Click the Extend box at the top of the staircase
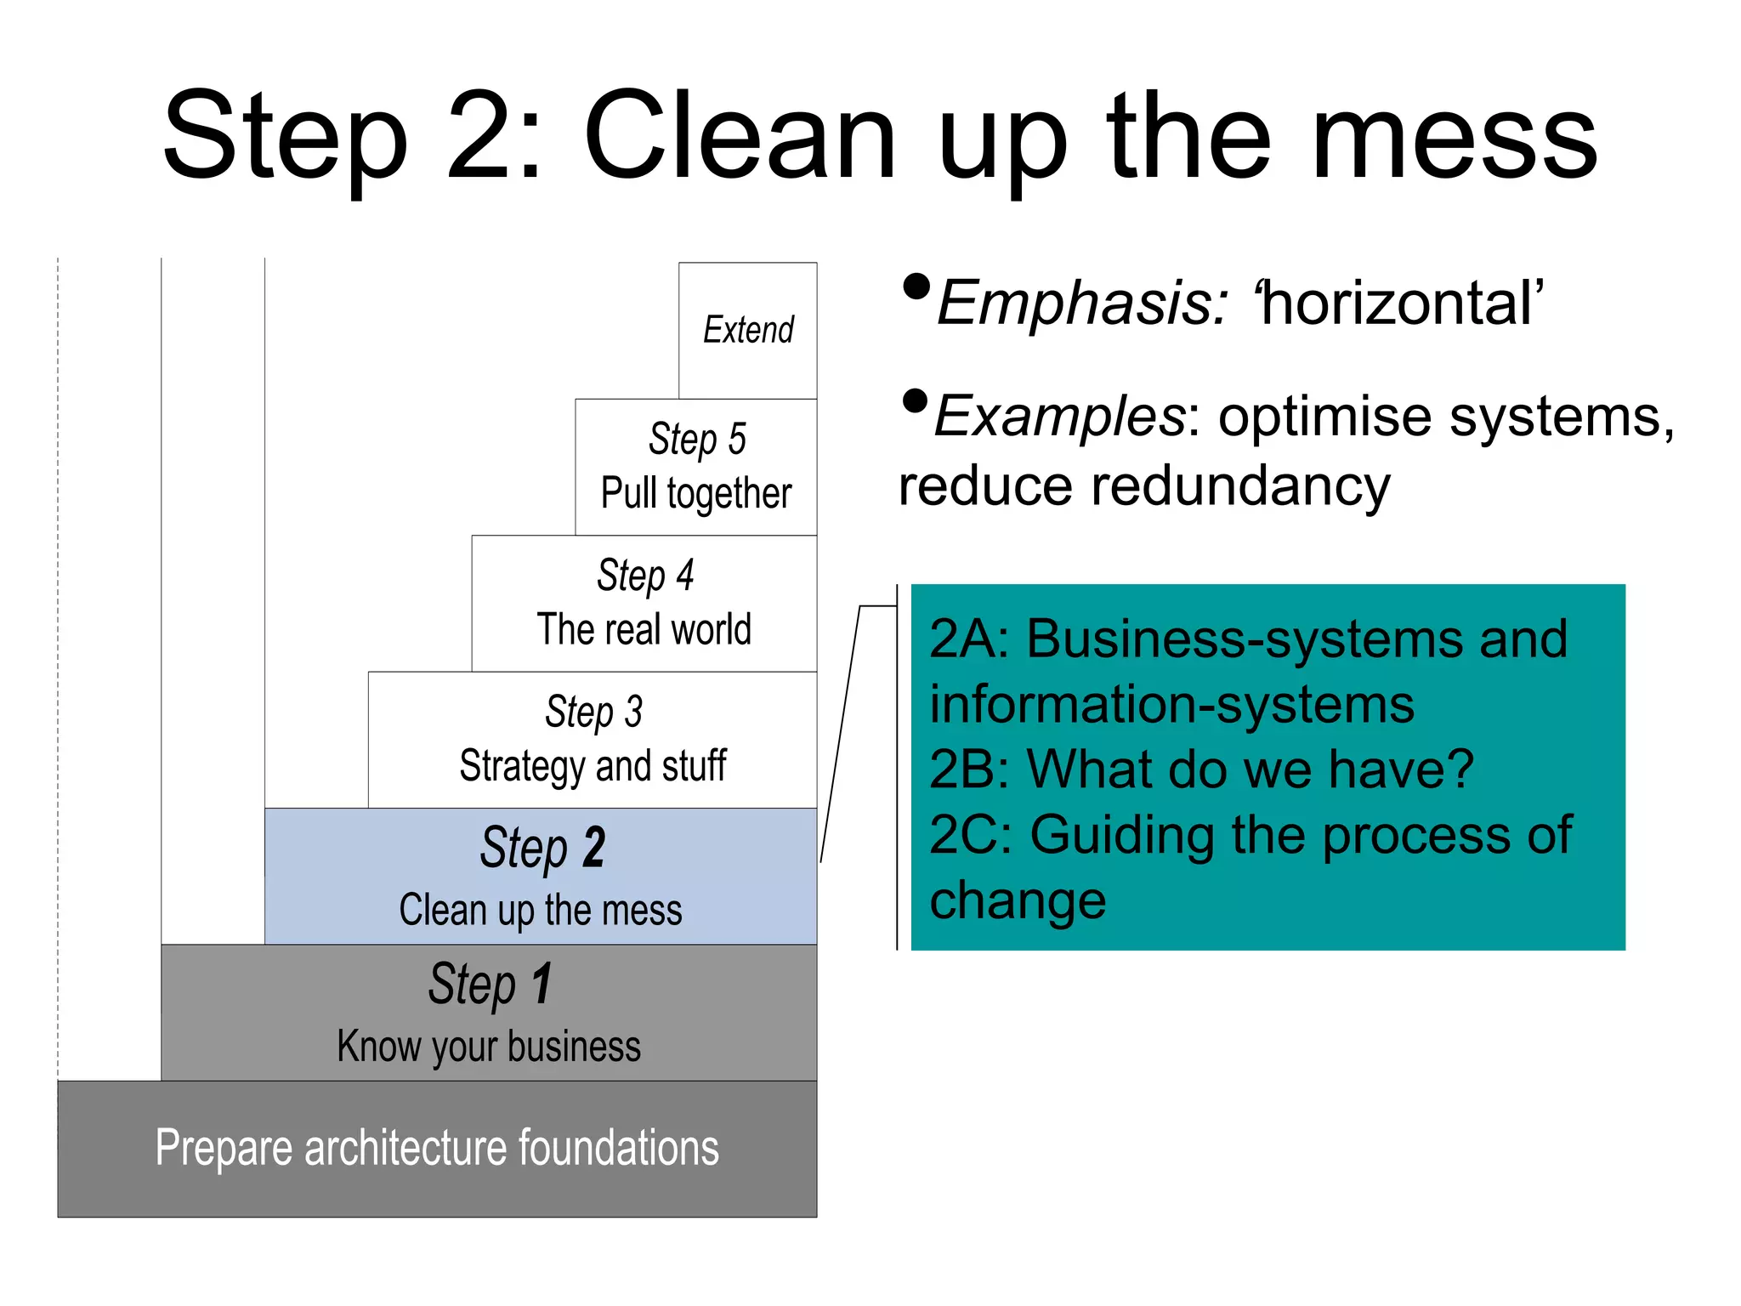click(748, 330)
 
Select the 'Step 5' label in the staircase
click(697, 440)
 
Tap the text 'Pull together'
click(696, 494)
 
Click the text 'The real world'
click(644, 630)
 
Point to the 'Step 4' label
click(645, 576)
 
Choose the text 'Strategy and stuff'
click(593, 766)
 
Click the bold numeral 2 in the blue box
click(593, 848)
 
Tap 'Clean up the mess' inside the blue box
click(541, 910)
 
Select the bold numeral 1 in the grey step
click(542, 984)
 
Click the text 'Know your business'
click(489, 1047)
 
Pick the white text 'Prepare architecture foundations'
click(437, 1148)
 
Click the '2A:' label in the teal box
click(969, 639)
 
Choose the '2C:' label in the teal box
click(971, 835)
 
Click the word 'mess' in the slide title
click(1455, 139)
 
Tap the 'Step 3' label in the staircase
click(593, 712)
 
